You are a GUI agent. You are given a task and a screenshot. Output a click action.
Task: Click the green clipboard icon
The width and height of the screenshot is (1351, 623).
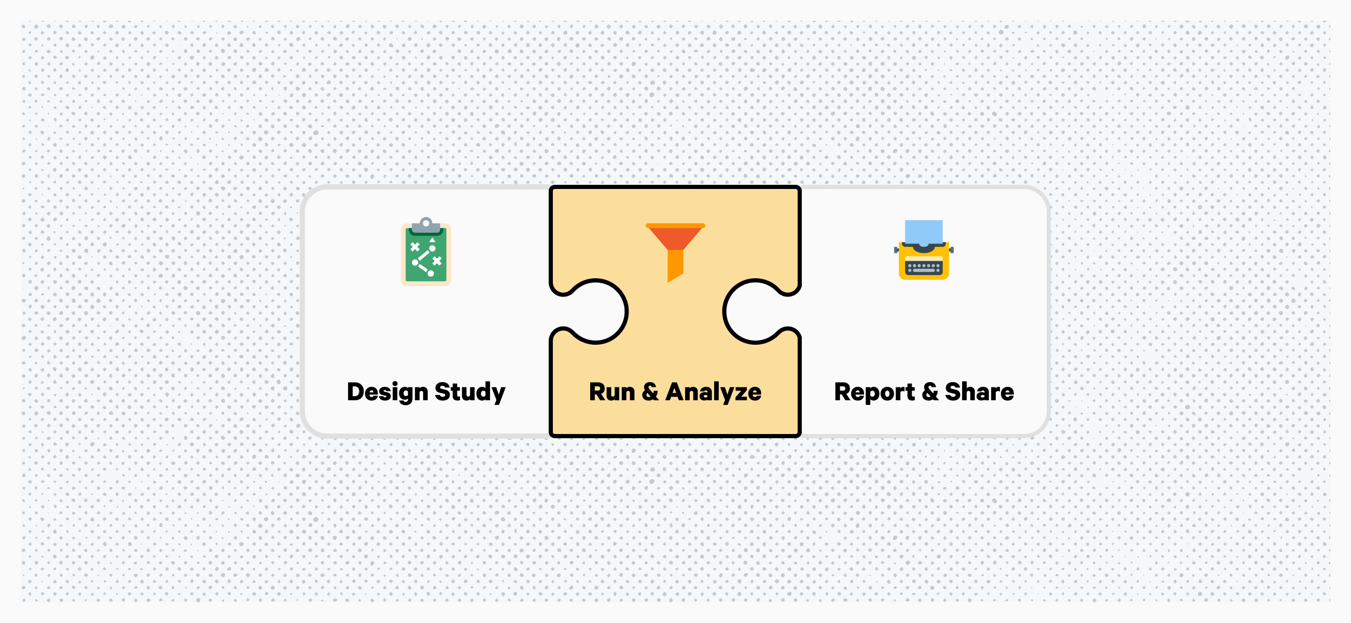(426, 251)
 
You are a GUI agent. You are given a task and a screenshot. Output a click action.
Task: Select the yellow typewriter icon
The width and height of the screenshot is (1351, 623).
(924, 250)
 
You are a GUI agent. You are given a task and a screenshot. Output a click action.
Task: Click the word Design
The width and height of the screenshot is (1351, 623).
(387, 392)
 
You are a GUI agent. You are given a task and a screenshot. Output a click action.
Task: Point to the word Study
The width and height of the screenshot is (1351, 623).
(470, 392)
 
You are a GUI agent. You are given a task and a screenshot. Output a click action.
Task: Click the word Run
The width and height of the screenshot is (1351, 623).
(612, 392)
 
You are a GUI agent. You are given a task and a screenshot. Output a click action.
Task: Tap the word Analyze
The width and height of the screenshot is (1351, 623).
(713, 392)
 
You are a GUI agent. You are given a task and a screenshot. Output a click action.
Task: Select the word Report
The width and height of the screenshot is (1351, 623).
(874, 392)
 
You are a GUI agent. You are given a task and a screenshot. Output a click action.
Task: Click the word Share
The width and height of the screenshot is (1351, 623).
(979, 391)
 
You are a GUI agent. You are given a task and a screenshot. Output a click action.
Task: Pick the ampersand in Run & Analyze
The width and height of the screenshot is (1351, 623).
(650, 392)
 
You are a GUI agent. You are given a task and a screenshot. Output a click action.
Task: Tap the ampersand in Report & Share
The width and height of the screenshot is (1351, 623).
(930, 392)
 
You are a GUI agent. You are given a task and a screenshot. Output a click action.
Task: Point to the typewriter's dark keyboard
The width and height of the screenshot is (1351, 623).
(924, 268)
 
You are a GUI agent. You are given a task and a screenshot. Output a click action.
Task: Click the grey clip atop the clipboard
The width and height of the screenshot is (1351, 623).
(426, 226)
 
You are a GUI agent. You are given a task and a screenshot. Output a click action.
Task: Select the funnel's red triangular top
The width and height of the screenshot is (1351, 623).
(675, 237)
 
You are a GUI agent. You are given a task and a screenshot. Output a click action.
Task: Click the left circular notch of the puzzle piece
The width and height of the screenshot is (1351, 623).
(596, 311)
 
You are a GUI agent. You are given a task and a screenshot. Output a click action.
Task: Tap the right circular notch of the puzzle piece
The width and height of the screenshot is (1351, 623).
(755, 311)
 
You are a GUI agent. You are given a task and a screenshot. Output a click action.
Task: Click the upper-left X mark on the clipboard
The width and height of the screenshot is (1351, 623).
(415, 247)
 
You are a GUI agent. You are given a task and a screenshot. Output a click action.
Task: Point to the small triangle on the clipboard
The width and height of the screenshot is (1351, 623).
(432, 240)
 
